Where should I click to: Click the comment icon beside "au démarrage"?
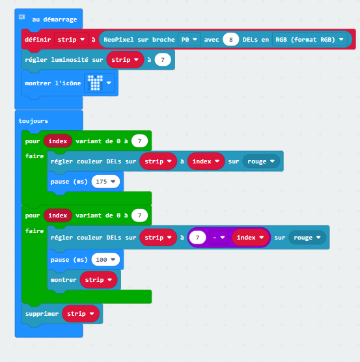click(x=21, y=17)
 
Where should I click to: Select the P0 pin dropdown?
click(x=189, y=40)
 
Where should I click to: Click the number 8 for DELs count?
click(x=230, y=40)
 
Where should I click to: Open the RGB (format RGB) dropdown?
click(x=309, y=40)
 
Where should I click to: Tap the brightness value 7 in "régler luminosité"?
click(x=163, y=60)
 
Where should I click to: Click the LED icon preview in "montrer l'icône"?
click(x=95, y=83)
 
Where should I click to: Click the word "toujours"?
click(x=33, y=121)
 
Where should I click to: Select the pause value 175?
click(x=105, y=182)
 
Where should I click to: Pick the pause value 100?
click(x=105, y=260)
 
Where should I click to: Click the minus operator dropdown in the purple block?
click(x=219, y=238)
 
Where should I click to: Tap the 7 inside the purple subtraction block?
click(x=197, y=238)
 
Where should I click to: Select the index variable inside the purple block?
click(x=251, y=238)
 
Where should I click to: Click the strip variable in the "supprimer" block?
click(x=81, y=314)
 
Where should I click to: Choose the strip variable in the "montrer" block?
click(x=98, y=280)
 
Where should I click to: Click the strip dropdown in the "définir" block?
click(x=71, y=40)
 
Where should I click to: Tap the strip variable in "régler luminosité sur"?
click(x=125, y=60)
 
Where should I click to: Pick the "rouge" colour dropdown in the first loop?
click(x=261, y=161)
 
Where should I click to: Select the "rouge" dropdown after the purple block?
click(x=307, y=238)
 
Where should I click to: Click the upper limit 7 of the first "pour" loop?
click(x=139, y=141)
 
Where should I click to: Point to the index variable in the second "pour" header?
click(x=58, y=215)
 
